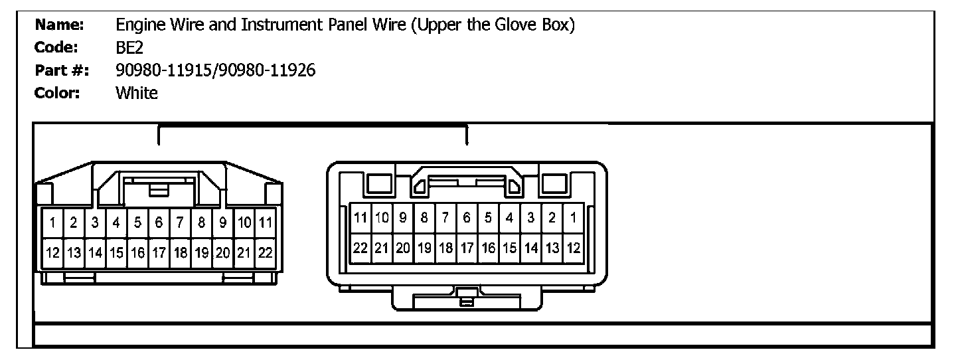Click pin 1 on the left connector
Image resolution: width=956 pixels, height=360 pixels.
[52, 223]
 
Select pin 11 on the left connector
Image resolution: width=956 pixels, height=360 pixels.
[266, 223]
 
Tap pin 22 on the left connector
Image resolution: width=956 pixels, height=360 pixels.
[266, 253]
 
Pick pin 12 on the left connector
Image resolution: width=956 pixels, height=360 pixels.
[52, 253]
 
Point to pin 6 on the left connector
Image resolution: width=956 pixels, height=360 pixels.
[159, 223]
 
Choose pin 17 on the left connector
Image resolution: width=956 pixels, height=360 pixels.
[159, 253]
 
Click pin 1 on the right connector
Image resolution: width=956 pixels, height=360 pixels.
[573, 217]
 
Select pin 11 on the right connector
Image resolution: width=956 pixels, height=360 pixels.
[360, 217]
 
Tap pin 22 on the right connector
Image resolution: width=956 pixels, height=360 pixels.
[360, 248]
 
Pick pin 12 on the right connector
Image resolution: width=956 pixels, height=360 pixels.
[573, 248]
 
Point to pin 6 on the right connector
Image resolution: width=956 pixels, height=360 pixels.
[467, 217]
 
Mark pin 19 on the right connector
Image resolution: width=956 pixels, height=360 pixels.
[424, 248]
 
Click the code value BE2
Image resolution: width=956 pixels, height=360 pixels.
[129, 48]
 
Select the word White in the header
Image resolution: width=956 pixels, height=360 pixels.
[137, 93]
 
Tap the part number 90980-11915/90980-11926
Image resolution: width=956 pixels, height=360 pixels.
[216, 70]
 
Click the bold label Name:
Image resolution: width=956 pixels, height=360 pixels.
[59, 25]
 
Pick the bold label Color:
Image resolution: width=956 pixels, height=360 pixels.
[57, 93]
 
